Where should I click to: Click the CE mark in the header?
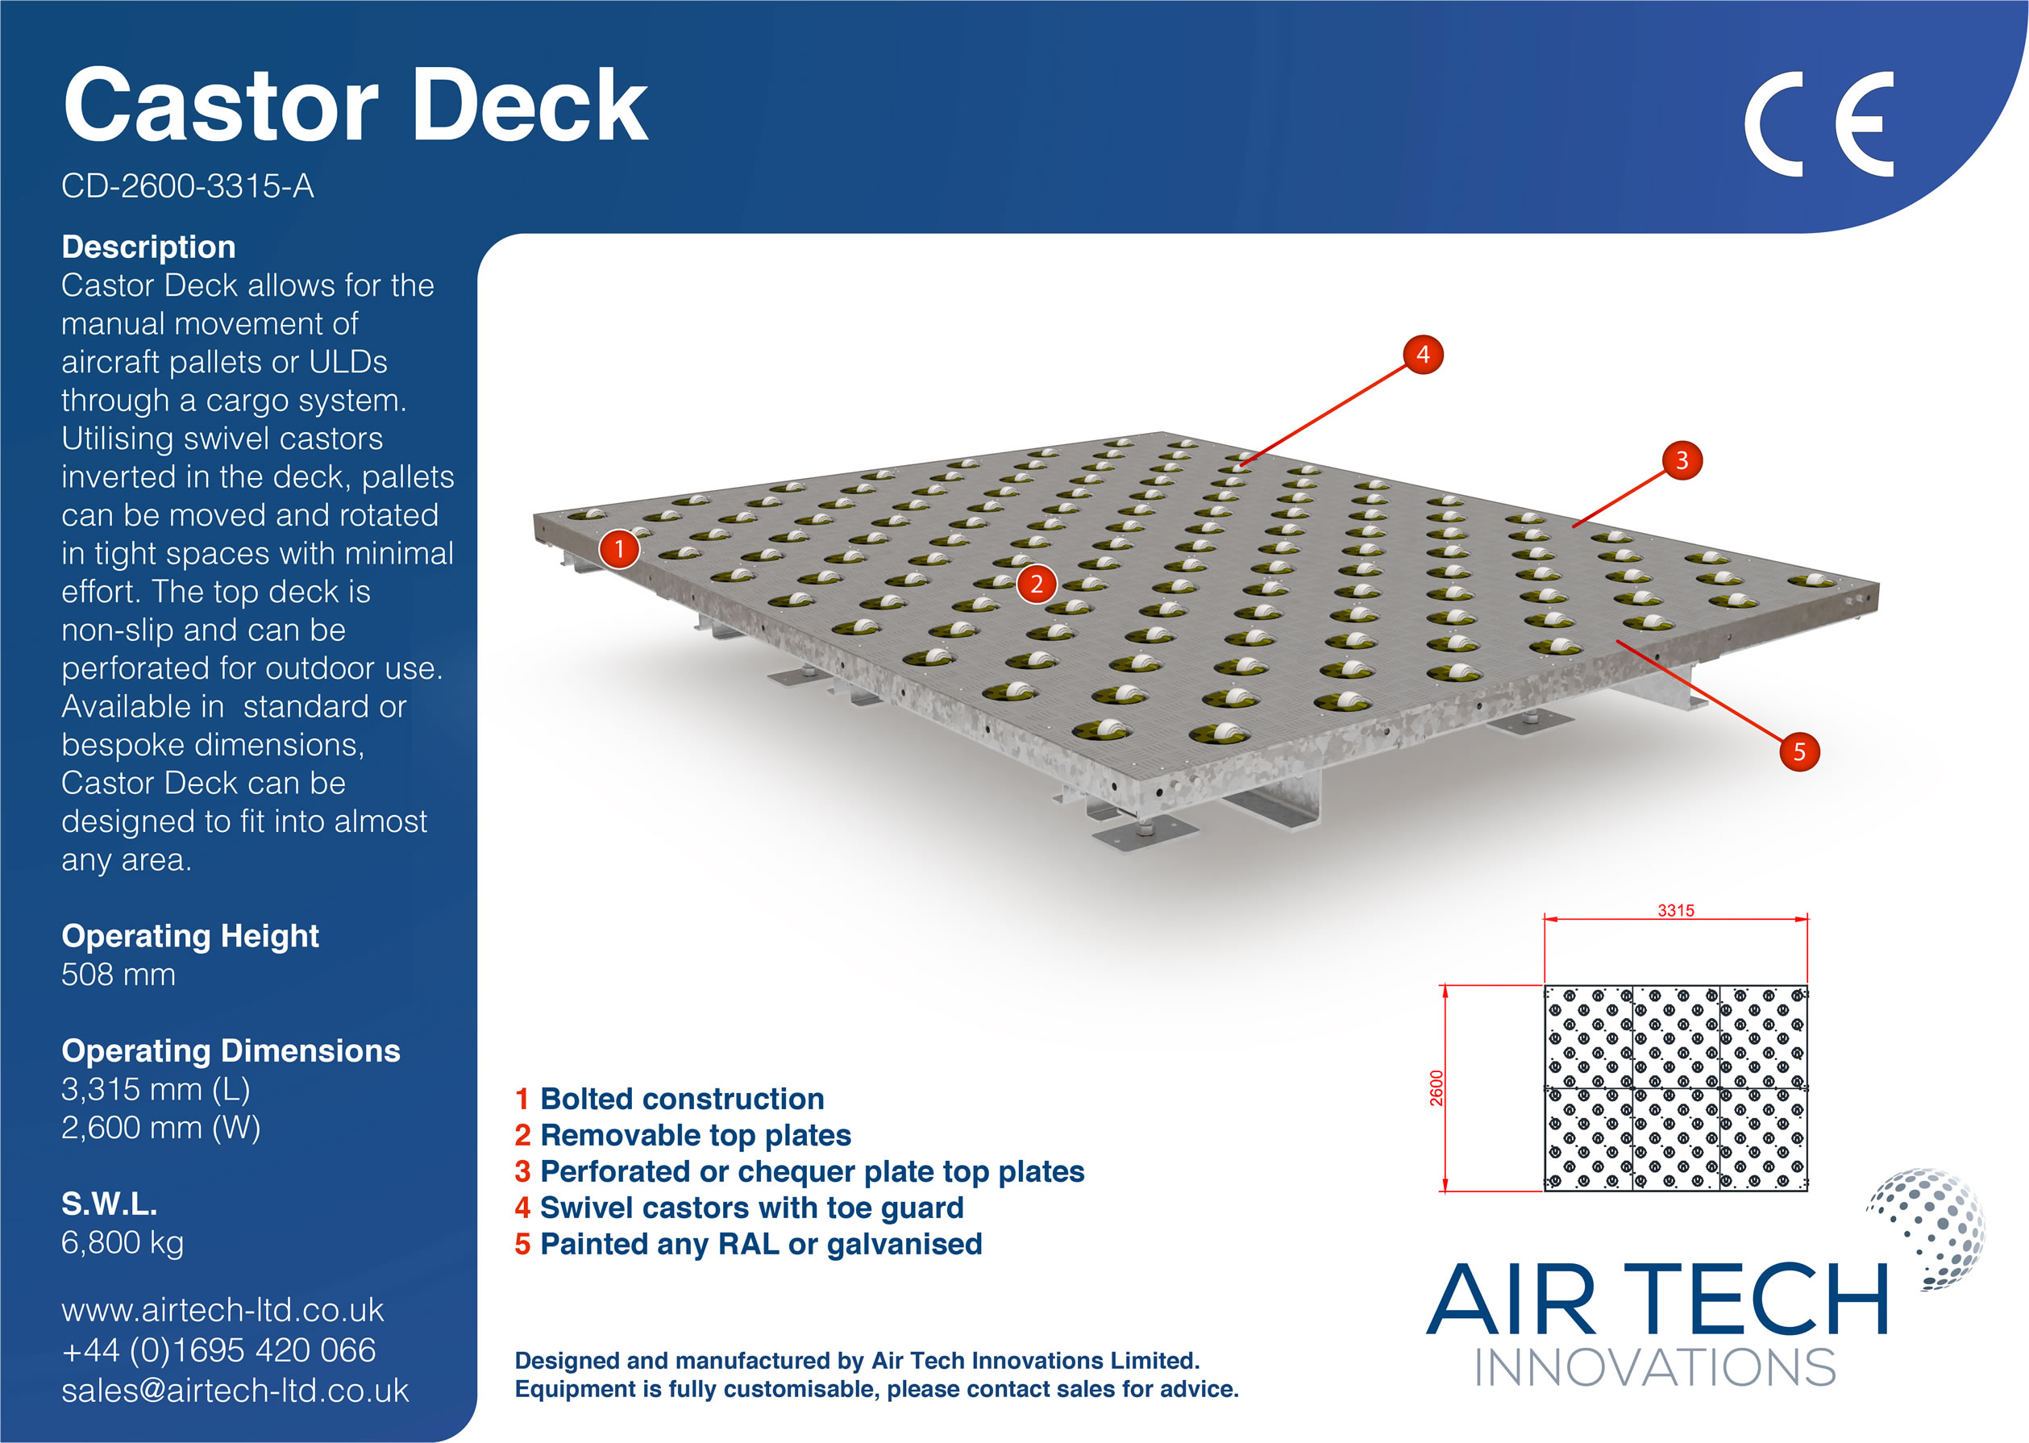click(x=1818, y=124)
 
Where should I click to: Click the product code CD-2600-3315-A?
click(x=188, y=186)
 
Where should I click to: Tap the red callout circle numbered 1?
click(x=619, y=549)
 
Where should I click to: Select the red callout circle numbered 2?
click(x=1036, y=584)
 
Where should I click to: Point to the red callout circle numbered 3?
click(x=1681, y=460)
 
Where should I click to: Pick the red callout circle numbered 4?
click(x=1422, y=355)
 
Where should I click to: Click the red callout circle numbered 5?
click(x=1799, y=751)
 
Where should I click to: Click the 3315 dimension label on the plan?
click(x=1675, y=911)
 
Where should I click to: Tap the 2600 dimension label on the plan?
click(x=1437, y=1087)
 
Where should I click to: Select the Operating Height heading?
click(x=190, y=936)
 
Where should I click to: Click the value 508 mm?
click(x=118, y=975)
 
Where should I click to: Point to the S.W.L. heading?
click(x=110, y=1204)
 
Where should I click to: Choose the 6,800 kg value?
click(x=123, y=1242)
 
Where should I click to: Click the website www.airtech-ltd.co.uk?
click(x=222, y=1310)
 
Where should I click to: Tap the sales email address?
click(x=235, y=1391)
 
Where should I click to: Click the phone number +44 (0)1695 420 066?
click(x=218, y=1350)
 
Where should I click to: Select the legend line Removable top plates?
click(x=682, y=1136)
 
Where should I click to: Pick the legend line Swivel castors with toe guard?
click(x=739, y=1208)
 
